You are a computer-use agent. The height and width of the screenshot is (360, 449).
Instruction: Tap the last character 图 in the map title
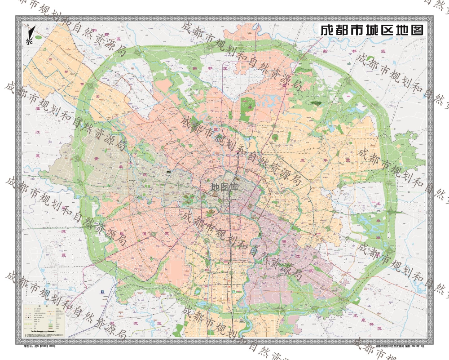tap(417, 30)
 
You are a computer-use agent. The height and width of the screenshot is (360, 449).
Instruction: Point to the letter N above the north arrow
tap(28, 25)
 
